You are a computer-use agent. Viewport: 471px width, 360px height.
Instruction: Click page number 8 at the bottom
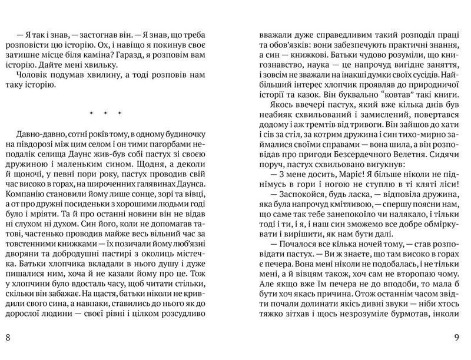tap(7, 337)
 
